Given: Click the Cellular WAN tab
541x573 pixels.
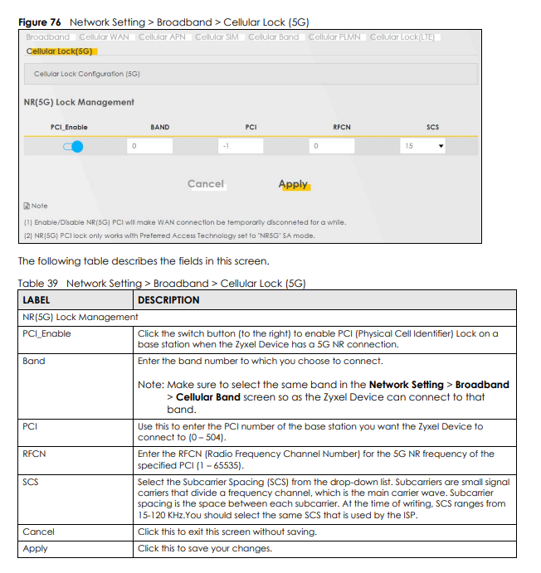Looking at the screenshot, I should coord(104,37).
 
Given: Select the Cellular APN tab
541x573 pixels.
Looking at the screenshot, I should coord(163,37).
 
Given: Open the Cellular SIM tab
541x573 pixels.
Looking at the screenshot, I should coord(217,37).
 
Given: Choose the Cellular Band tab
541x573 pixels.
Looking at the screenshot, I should coord(273,37).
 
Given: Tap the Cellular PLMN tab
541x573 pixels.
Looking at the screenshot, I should coord(334,37).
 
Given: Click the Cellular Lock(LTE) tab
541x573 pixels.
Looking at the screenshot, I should coord(402,37).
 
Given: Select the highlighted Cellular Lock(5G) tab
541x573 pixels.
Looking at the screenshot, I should coord(60,51).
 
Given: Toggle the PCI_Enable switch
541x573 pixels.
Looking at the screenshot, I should coord(73,147).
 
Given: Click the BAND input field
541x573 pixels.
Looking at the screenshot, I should coord(150,147).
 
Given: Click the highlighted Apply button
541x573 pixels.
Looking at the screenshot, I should coord(293,184).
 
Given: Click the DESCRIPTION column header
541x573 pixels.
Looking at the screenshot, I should coord(168,300).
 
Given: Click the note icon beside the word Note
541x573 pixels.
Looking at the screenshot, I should coord(27,206).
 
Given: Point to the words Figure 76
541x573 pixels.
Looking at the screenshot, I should coord(41,22).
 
